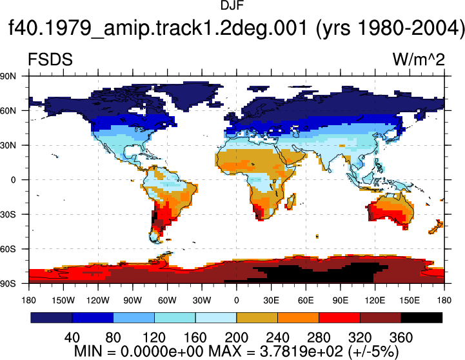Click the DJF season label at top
(232, 5)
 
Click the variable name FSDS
(50, 59)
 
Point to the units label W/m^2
(419, 59)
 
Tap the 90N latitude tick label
(8, 76)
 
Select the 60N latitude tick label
(8, 111)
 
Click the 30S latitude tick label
(8, 214)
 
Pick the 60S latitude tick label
(8, 249)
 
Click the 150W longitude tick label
(63, 301)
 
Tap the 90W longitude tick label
(133, 301)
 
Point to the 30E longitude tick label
(271, 301)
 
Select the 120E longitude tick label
(375, 301)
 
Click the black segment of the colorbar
(422, 317)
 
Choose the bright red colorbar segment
(339, 317)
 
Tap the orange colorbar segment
(299, 317)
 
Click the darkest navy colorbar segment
(52, 317)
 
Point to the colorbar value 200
(236, 337)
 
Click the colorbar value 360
(401, 337)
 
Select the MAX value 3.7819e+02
(301, 352)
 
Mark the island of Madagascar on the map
(291, 201)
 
